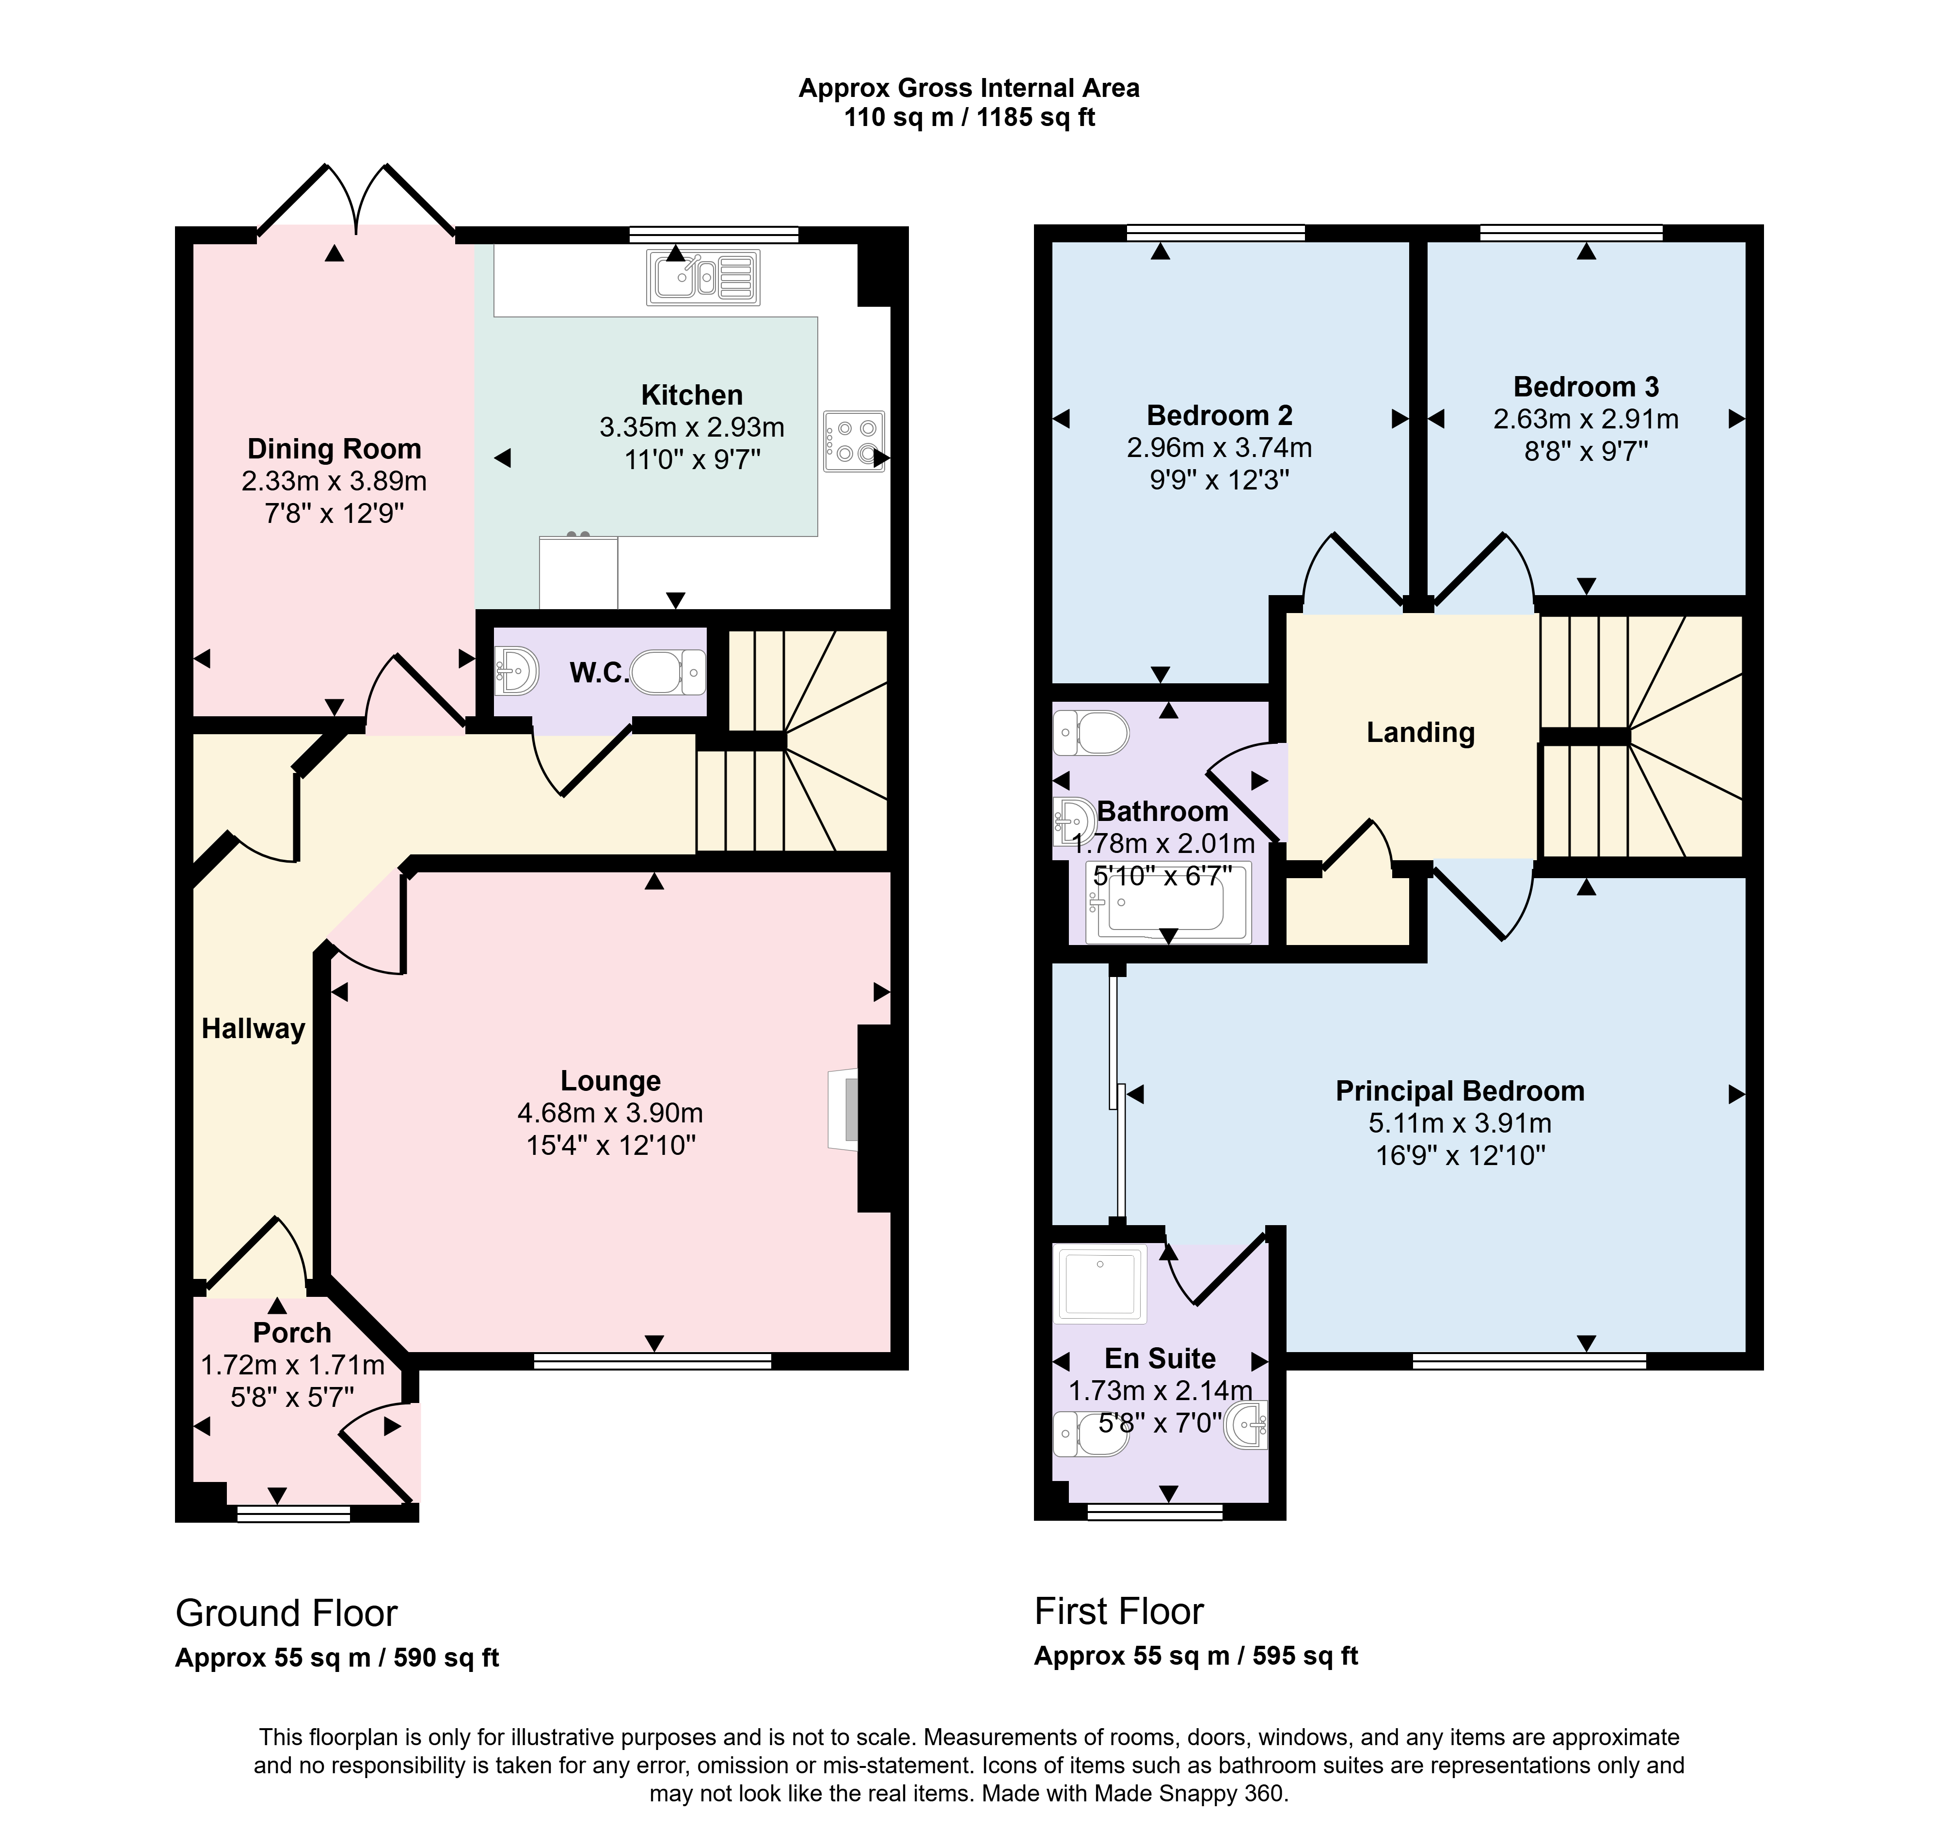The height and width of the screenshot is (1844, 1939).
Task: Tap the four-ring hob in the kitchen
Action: (x=854, y=441)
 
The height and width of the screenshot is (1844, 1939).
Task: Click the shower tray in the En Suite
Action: (x=1100, y=1284)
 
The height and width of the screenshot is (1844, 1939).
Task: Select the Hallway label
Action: (x=253, y=1029)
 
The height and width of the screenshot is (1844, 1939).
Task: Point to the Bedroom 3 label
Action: (x=1586, y=387)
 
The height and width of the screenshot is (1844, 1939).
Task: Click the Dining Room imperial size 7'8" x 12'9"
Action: (x=334, y=513)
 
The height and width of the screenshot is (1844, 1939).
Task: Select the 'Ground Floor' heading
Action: (x=286, y=1614)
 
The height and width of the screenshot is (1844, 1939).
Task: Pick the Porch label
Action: (x=292, y=1333)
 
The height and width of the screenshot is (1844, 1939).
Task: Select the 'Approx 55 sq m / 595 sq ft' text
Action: (x=1196, y=1656)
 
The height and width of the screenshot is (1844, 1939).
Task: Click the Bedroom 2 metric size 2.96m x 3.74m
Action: (x=1219, y=448)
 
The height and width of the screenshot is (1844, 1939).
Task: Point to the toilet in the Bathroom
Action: (x=1090, y=733)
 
